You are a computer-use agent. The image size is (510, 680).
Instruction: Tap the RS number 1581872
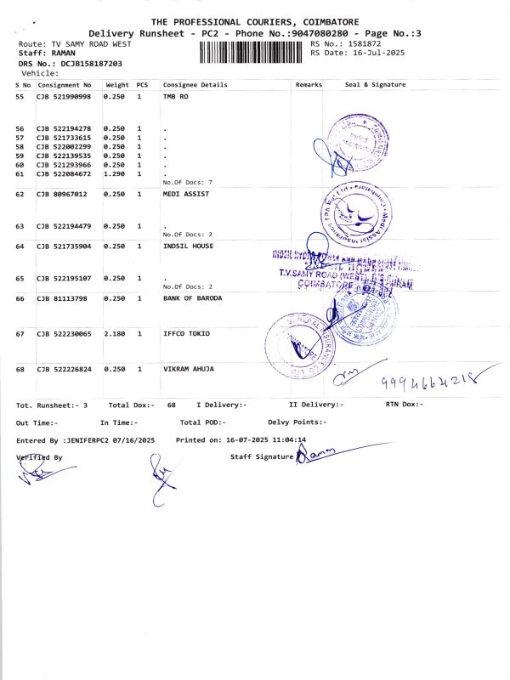click(x=364, y=43)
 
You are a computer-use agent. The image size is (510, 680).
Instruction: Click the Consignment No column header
click(x=64, y=85)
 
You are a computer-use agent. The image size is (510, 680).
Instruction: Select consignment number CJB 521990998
click(x=63, y=98)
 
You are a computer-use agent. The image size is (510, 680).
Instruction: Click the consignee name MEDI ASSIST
click(x=185, y=194)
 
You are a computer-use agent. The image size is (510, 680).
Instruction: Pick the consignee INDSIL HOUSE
click(x=188, y=246)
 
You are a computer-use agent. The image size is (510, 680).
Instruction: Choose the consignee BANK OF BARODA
click(x=192, y=298)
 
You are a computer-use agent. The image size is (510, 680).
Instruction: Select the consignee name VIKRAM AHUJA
click(x=189, y=369)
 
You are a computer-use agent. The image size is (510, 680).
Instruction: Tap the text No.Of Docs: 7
click(x=187, y=183)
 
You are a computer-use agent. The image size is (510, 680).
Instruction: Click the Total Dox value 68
click(x=171, y=405)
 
